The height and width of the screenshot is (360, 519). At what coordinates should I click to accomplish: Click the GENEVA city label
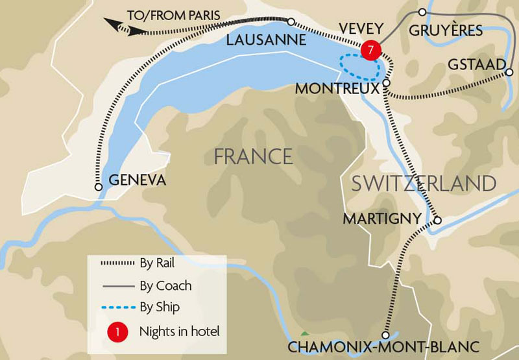(138, 180)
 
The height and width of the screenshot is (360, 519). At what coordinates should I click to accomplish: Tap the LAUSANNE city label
(266, 40)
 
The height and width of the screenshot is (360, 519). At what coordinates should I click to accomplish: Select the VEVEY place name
(359, 29)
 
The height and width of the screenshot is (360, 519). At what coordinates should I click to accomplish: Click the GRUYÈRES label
(446, 30)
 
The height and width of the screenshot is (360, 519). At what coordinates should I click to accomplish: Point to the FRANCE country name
(253, 156)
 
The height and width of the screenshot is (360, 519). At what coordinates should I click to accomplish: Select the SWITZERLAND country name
(424, 183)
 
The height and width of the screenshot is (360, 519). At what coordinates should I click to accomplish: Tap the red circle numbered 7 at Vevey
(370, 51)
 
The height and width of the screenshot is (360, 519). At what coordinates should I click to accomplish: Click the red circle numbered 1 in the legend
(117, 331)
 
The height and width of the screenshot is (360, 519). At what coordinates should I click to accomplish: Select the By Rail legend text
(157, 263)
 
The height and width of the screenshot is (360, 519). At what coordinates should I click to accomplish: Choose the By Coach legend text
(165, 285)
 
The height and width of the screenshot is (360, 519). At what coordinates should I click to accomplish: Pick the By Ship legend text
(159, 307)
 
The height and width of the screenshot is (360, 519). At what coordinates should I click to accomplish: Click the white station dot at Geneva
(99, 187)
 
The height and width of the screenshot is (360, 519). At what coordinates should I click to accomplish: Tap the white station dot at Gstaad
(507, 73)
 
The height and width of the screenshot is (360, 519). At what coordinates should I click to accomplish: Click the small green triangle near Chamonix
(304, 333)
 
